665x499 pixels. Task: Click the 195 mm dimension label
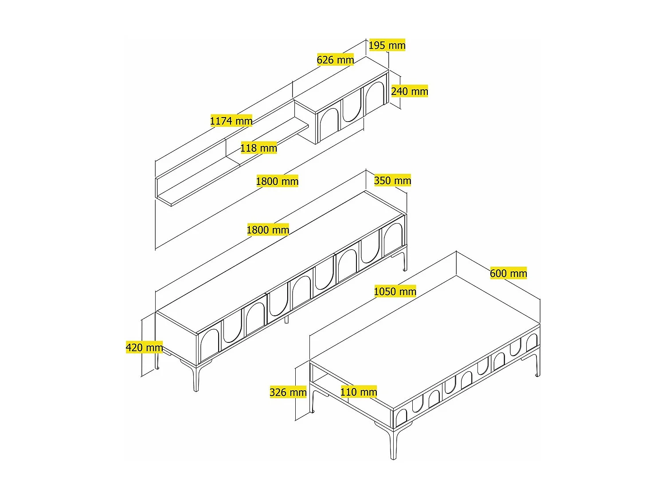click(387, 45)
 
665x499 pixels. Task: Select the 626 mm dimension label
click(335, 60)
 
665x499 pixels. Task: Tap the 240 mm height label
click(409, 91)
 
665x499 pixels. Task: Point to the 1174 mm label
click(231, 121)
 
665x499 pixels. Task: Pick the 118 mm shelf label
click(258, 148)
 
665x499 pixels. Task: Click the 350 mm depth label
click(392, 180)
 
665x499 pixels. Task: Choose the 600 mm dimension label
click(509, 273)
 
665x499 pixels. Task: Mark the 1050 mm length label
click(395, 291)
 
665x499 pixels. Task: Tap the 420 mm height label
click(144, 347)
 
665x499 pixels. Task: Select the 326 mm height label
click(288, 393)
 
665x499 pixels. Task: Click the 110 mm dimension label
click(359, 392)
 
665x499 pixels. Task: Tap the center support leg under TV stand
click(286, 319)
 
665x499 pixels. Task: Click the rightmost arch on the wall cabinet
click(375, 93)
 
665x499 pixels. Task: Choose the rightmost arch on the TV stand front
click(393, 236)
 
